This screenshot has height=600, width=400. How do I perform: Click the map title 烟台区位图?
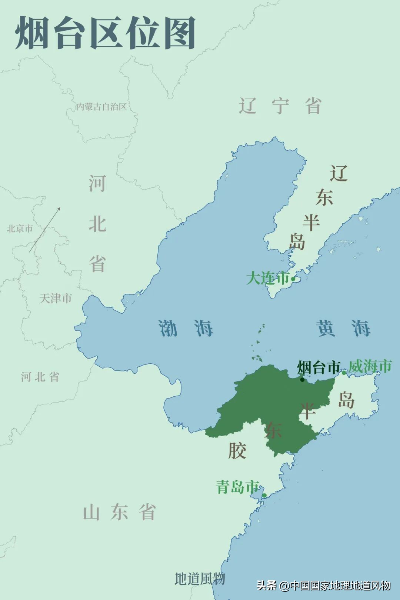click(x=106, y=33)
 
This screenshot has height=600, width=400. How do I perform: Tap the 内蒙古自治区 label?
click(x=101, y=107)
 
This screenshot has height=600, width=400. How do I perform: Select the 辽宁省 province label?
click(x=280, y=106)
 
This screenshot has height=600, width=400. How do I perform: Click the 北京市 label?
click(x=20, y=229)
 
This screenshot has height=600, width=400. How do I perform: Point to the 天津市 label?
click(x=56, y=298)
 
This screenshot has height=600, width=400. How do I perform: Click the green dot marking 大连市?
click(x=293, y=279)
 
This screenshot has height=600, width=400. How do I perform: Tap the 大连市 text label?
click(x=267, y=278)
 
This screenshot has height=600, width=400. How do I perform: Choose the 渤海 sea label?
click(x=186, y=328)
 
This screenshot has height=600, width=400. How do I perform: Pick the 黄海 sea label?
click(x=343, y=328)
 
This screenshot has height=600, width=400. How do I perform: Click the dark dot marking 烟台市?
click(x=302, y=379)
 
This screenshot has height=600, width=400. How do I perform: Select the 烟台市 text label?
click(x=319, y=367)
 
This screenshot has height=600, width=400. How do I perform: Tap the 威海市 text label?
click(x=370, y=366)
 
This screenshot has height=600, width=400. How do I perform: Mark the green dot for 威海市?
click(x=344, y=373)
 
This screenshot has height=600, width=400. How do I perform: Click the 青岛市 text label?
click(x=237, y=487)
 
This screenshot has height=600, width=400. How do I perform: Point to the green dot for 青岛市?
click(x=264, y=495)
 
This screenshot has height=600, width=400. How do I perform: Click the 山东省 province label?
click(x=119, y=512)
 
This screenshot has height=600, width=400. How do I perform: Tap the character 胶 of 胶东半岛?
click(x=237, y=450)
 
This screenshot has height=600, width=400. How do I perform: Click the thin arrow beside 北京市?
click(x=45, y=230)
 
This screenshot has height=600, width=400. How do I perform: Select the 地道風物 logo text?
click(x=200, y=579)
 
